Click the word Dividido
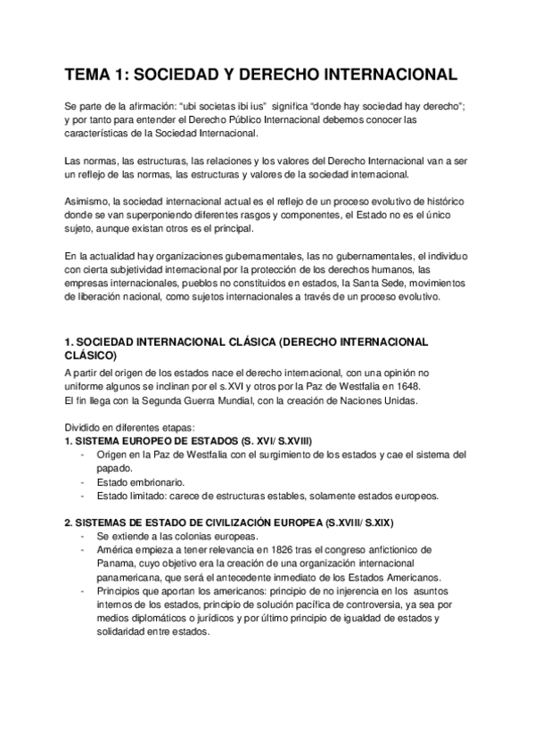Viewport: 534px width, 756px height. coord(84,427)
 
